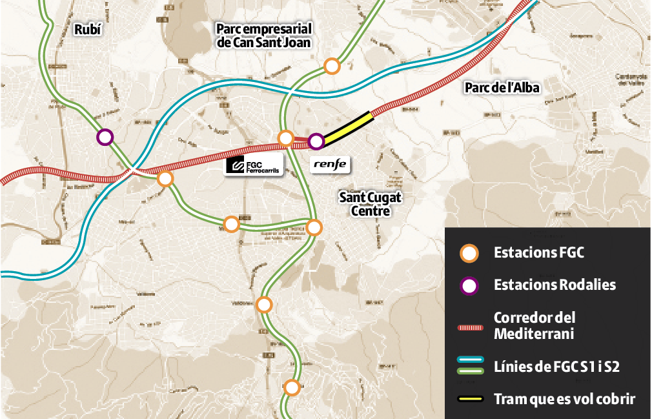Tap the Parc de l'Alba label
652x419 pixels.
tap(502, 88)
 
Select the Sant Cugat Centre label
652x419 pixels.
tap(365, 203)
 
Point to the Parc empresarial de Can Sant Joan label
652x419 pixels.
tap(264, 36)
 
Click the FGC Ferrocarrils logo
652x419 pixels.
tap(254, 165)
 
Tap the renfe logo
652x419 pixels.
tap(330, 165)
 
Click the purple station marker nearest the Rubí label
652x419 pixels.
tap(105, 137)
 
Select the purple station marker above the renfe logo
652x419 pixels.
tap(316, 141)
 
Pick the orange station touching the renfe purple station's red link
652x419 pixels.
tap(285, 138)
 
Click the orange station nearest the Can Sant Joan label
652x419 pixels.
tap(332, 66)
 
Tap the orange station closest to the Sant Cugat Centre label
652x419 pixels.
tap(314, 227)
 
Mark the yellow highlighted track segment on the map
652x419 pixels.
tap(348, 127)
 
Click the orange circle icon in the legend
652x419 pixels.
tap(469, 253)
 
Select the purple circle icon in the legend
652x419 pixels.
tap(469, 285)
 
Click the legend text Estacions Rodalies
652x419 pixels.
tap(555, 285)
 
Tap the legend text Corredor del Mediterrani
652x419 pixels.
tap(534, 326)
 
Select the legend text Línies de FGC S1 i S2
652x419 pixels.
tap(556, 367)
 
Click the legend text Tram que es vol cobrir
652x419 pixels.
tap(564, 399)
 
